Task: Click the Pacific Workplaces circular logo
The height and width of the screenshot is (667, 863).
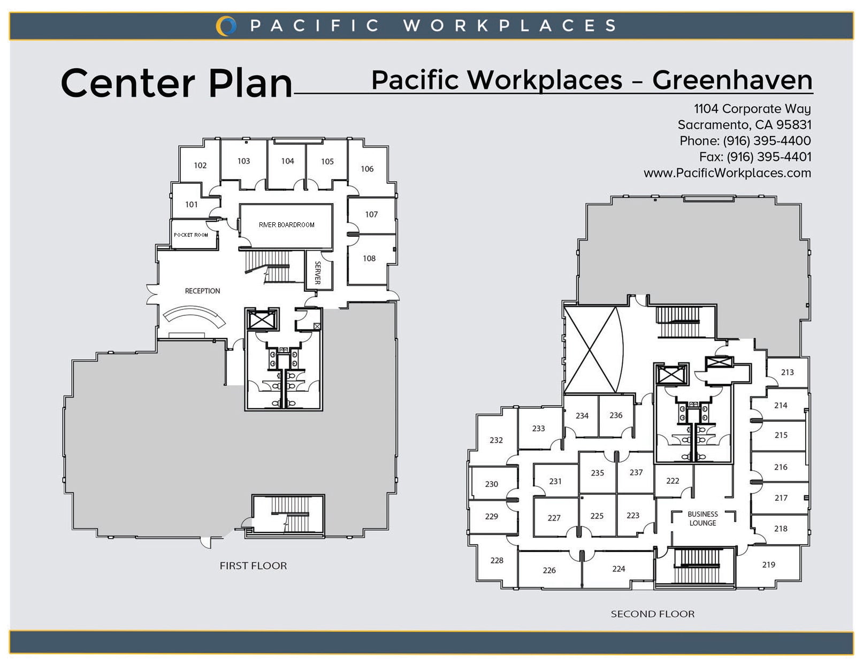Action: click(226, 26)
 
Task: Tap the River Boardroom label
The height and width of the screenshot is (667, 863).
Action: click(286, 225)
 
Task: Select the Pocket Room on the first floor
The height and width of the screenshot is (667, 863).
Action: click(194, 235)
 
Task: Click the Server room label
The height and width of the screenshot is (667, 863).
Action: click(317, 273)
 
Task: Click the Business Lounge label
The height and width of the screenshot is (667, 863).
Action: click(702, 518)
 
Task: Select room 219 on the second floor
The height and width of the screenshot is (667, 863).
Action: click(768, 564)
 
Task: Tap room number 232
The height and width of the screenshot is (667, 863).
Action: click(496, 440)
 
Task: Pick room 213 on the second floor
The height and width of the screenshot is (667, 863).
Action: click(787, 372)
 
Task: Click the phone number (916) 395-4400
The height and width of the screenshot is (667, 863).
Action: click(767, 141)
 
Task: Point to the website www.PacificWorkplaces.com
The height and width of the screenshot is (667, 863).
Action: click(727, 173)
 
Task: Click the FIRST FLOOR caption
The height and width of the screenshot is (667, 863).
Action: click(253, 565)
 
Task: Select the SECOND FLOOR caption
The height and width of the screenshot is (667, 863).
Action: click(653, 614)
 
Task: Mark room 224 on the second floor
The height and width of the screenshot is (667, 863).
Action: click(618, 569)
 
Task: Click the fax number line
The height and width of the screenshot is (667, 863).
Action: click(755, 157)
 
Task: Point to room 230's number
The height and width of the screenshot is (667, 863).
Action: click(491, 484)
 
